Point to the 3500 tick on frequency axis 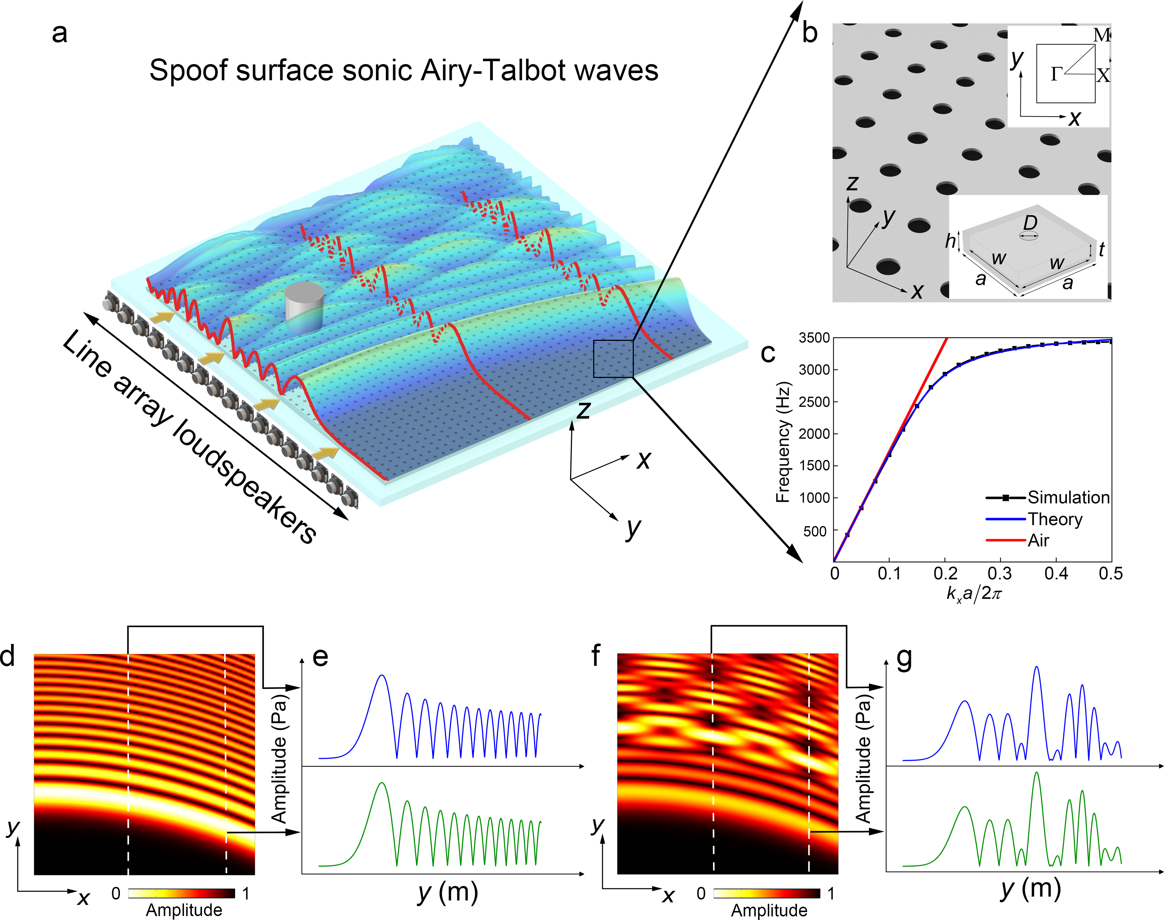[x=814, y=338]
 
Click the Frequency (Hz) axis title [x=782, y=442]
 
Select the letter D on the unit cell [x=1030, y=222]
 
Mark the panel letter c [x=768, y=353]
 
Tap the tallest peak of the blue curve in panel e [x=382, y=676]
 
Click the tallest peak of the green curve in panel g [x=1036, y=774]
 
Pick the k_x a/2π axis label [x=974, y=593]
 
